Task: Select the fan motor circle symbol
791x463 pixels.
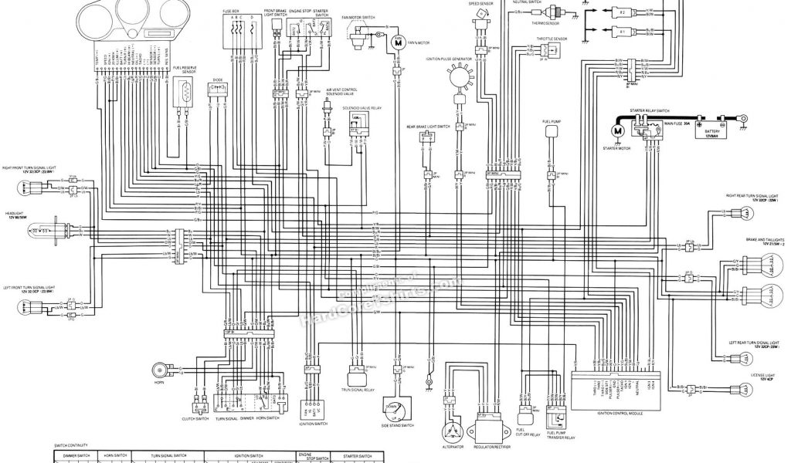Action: (x=399, y=43)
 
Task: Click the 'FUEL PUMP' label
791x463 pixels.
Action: (x=551, y=122)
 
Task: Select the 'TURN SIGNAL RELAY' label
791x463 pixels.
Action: (x=358, y=391)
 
